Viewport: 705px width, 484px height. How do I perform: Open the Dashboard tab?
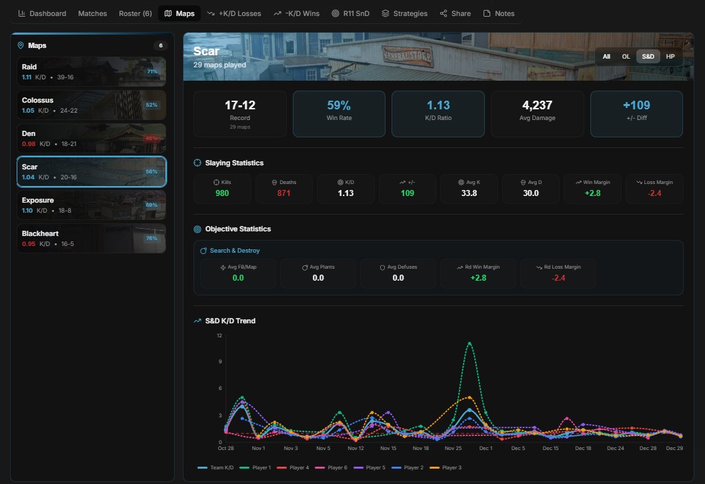[42, 13]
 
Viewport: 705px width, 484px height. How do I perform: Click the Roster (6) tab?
[135, 13]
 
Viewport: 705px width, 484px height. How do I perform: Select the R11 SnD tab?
[350, 13]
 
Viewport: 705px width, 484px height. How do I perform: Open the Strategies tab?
[404, 13]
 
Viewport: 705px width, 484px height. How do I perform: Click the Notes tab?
[498, 13]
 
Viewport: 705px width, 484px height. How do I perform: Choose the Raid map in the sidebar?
[91, 72]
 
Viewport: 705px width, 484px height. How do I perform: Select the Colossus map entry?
[91, 105]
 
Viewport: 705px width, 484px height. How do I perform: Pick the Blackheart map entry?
[91, 239]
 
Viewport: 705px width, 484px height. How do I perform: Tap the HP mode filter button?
[670, 57]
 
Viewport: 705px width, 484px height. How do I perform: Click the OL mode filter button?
[626, 57]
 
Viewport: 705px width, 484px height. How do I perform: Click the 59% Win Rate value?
[339, 105]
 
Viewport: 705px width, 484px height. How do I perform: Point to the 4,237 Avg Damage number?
[537, 105]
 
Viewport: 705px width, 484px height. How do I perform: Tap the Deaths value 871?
[284, 193]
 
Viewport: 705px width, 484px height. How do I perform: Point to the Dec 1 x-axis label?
[486, 449]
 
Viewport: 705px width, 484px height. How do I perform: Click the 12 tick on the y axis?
[219, 335]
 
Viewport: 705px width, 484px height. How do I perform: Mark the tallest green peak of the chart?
[470, 343]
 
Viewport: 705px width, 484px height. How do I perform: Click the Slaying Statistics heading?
[233, 163]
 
